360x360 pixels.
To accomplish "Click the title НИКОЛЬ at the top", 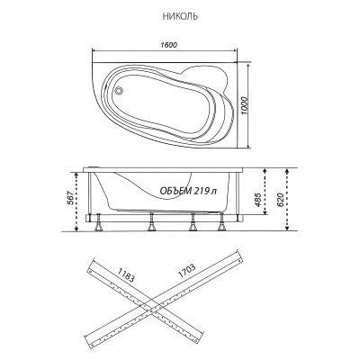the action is click(180, 16).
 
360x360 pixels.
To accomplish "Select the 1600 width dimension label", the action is click(168, 45).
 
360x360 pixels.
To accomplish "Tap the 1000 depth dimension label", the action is click(245, 106).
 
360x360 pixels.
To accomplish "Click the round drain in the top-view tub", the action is click(119, 90).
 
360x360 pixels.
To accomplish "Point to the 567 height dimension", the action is click(68, 198).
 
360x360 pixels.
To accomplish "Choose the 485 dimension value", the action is click(256, 200).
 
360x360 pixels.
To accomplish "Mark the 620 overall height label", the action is click(279, 200).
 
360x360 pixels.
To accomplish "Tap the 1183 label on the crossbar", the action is click(126, 274).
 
